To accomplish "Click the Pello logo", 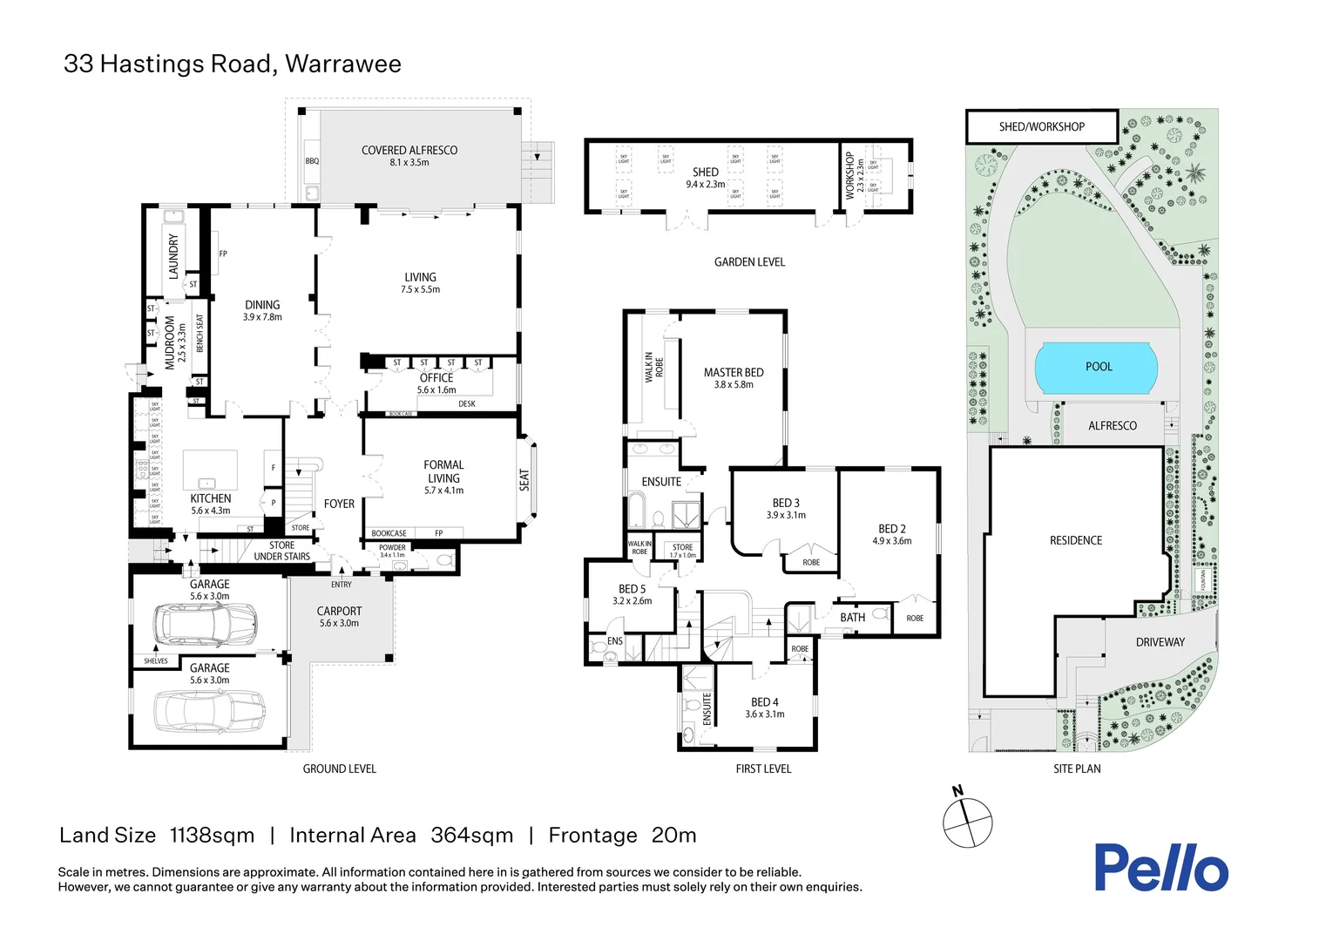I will pos(1160,868).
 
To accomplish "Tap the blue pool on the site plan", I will pos(1096,368).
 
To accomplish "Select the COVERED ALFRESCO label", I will pos(409,151).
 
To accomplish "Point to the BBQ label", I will pos(312,161).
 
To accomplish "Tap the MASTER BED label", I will pos(734,373).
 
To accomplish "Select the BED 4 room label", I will pos(764,702).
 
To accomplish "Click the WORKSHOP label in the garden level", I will pos(850,175).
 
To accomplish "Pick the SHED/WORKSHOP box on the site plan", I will pos(1041,127).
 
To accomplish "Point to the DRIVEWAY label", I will pos(1160,642).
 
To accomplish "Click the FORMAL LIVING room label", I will pos(443,471).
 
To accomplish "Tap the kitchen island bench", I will pos(210,470).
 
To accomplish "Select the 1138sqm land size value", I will pos(212,836).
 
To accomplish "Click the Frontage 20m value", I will pos(673,836).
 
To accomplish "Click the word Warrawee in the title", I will pos(343,64).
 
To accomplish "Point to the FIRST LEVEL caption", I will pos(763,768).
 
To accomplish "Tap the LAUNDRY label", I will pos(173,255).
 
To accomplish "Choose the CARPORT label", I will pos(339,612).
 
